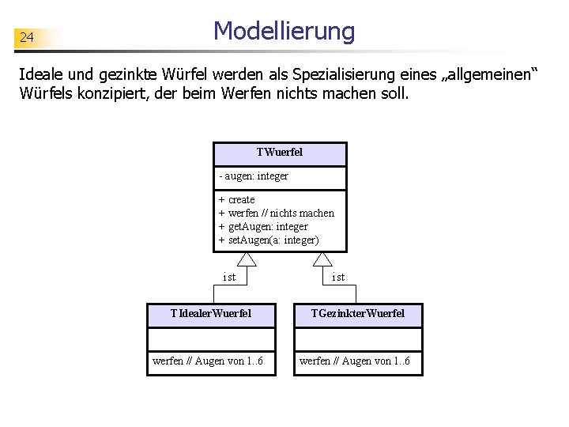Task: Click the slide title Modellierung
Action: tap(284, 32)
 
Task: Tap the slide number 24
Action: tap(26, 37)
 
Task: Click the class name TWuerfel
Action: tap(279, 152)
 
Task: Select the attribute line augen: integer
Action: tap(254, 176)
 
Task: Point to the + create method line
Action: tap(237, 199)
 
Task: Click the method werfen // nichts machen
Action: tap(277, 213)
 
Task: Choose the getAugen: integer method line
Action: tap(263, 226)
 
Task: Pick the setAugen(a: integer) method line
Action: tap(269, 240)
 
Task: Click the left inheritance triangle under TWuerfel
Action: tap(247, 259)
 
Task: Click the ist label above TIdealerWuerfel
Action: tap(229, 277)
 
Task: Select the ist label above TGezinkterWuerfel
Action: tap(338, 277)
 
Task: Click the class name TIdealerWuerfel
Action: tap(211, 314)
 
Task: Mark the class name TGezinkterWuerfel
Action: tap(357, 314)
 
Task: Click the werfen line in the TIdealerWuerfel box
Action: tap(207, 362)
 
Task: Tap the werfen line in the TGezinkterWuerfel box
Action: tap(354, 362)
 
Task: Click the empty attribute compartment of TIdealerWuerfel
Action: tap(211, 339)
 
